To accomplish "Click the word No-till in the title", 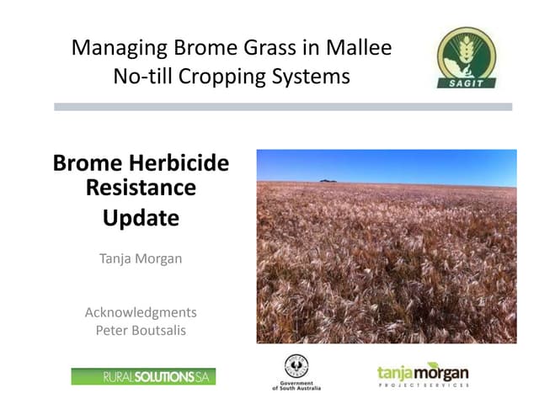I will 141,77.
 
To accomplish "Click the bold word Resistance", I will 141,187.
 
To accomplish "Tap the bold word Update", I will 141,218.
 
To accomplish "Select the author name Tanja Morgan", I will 141,258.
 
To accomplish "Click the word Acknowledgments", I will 141,312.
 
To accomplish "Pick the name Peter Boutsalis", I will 141,330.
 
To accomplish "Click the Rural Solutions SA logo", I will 143,376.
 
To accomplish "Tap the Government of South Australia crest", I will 296,366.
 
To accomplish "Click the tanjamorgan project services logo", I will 423,373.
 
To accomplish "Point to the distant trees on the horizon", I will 329,179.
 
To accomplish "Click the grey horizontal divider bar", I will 283,107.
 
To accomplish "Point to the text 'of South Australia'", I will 296,388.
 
